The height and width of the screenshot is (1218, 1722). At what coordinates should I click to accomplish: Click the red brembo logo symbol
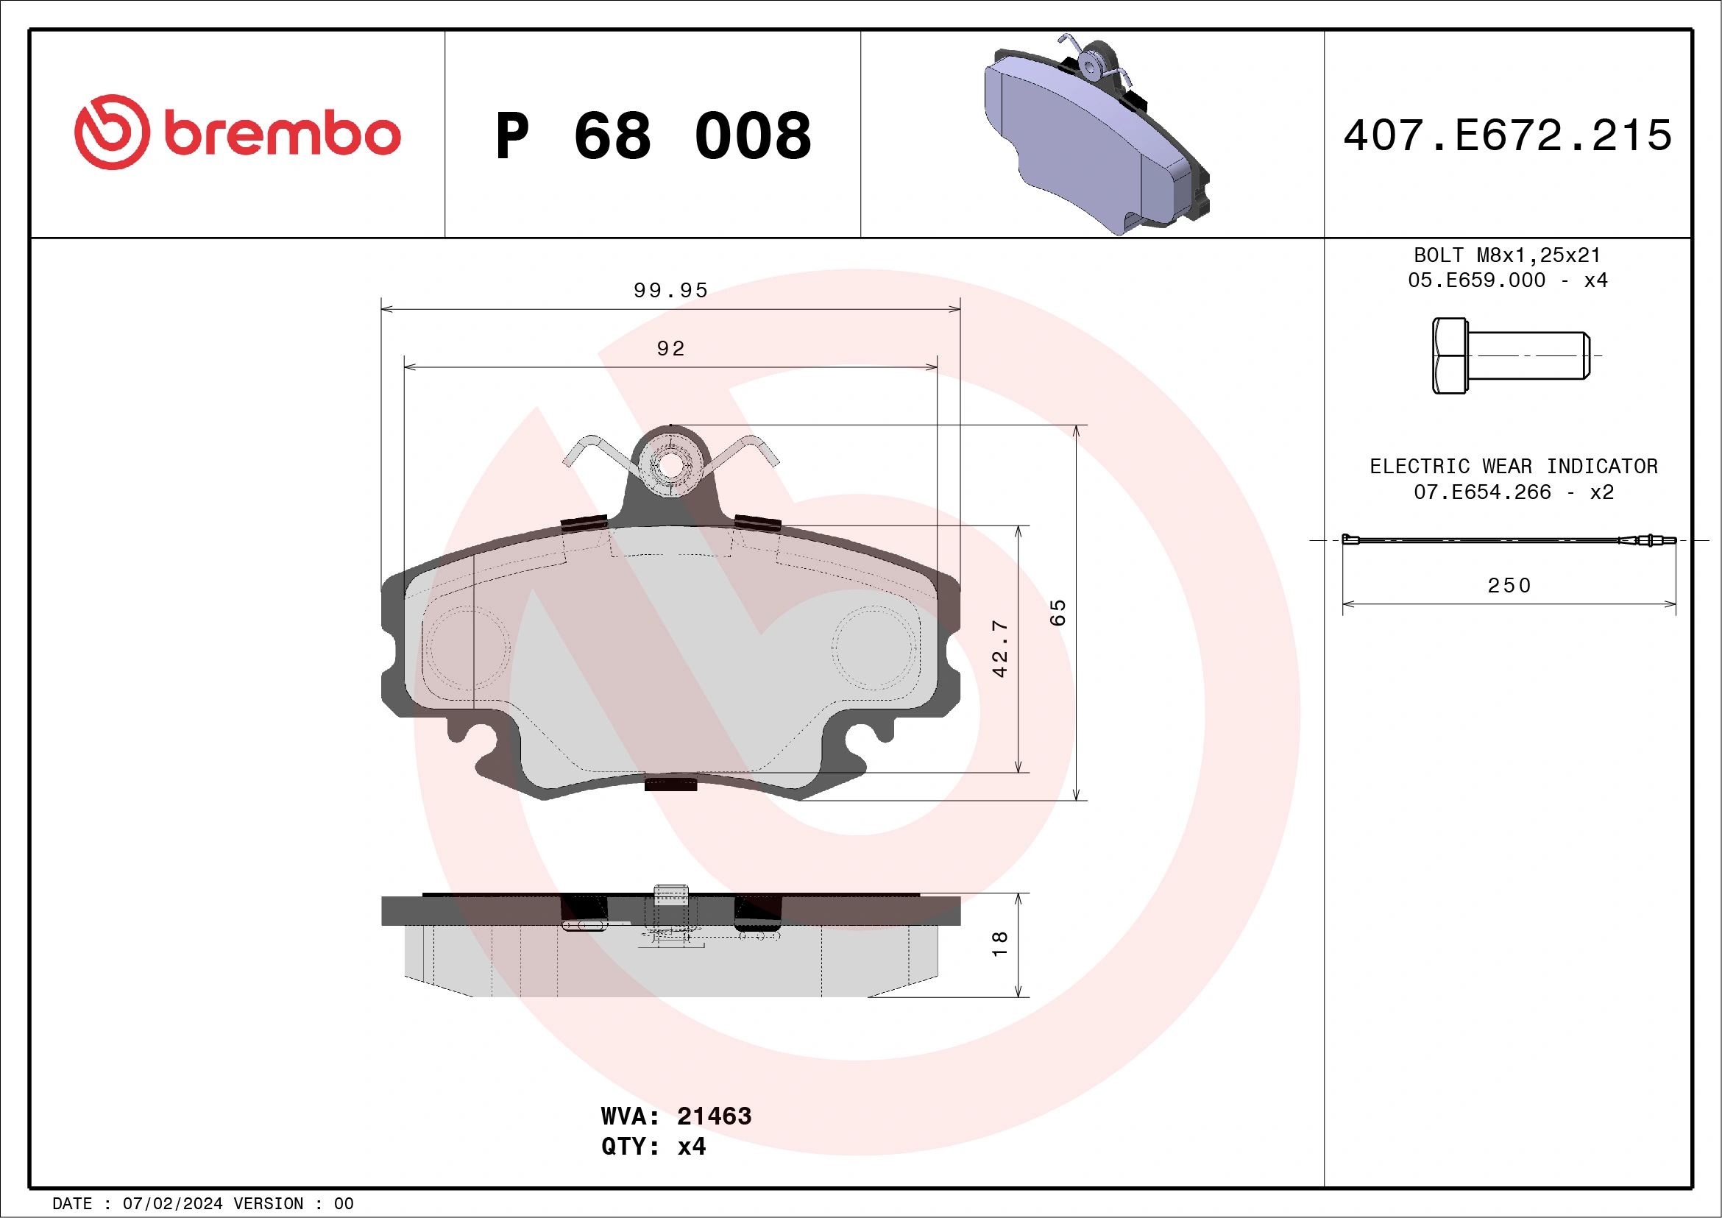(x=112, y=132)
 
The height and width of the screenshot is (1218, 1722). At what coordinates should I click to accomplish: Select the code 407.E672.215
(x=1508, y=135)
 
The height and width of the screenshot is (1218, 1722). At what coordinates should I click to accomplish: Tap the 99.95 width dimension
(x=670, y=290)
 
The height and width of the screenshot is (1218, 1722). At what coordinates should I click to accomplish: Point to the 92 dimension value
(x=670, y=349)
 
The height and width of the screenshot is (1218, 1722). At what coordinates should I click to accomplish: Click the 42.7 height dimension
(x=999, y=649)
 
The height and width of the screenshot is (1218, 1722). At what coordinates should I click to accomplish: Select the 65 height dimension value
(x=1057, y=613)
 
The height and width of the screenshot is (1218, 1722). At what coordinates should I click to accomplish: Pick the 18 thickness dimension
(x=999, y=943)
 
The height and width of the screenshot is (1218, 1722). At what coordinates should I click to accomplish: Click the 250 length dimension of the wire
(x=1509, y=586)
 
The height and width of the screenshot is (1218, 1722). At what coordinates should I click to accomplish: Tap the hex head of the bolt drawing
(x=1449, y=355)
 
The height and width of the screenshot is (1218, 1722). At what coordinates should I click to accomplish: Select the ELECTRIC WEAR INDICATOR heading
(x=1514, y=467)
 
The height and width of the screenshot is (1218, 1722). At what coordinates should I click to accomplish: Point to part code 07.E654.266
(x=1482, y=492)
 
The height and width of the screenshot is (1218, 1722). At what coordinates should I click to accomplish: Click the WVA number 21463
(x=714, y=1116)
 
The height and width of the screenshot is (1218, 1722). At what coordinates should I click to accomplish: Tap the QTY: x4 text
(x=653, y=1147)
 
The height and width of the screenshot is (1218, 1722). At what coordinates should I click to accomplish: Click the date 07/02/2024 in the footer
(x=172, y=1204)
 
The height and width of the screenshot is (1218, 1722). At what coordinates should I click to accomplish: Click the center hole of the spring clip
(x=670, y=466)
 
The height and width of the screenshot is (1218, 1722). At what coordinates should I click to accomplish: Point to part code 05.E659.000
(x=1476, y=280)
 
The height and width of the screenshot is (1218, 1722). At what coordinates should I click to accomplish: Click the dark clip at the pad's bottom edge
(x=670, y=785)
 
